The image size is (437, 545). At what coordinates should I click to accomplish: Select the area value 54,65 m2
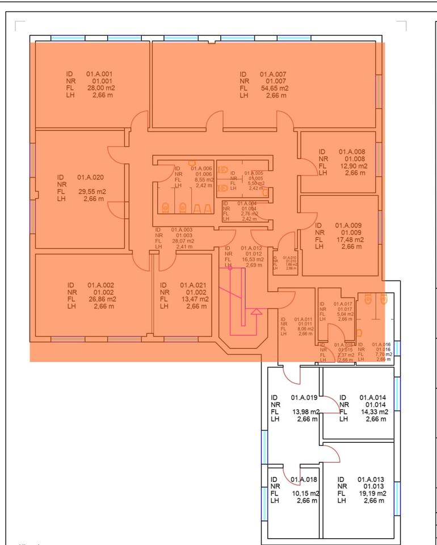click(x=275, y=89)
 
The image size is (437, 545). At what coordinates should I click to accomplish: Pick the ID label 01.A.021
click(x=194, y=285)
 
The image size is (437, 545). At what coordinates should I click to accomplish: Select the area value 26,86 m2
click(x=102, y=299)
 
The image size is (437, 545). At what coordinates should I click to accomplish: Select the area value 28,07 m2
click(x=182, y=241)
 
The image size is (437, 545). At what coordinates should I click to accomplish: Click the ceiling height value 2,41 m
click(x=183, y=246)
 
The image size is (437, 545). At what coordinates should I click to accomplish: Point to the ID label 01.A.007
click(x=273, y=74)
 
